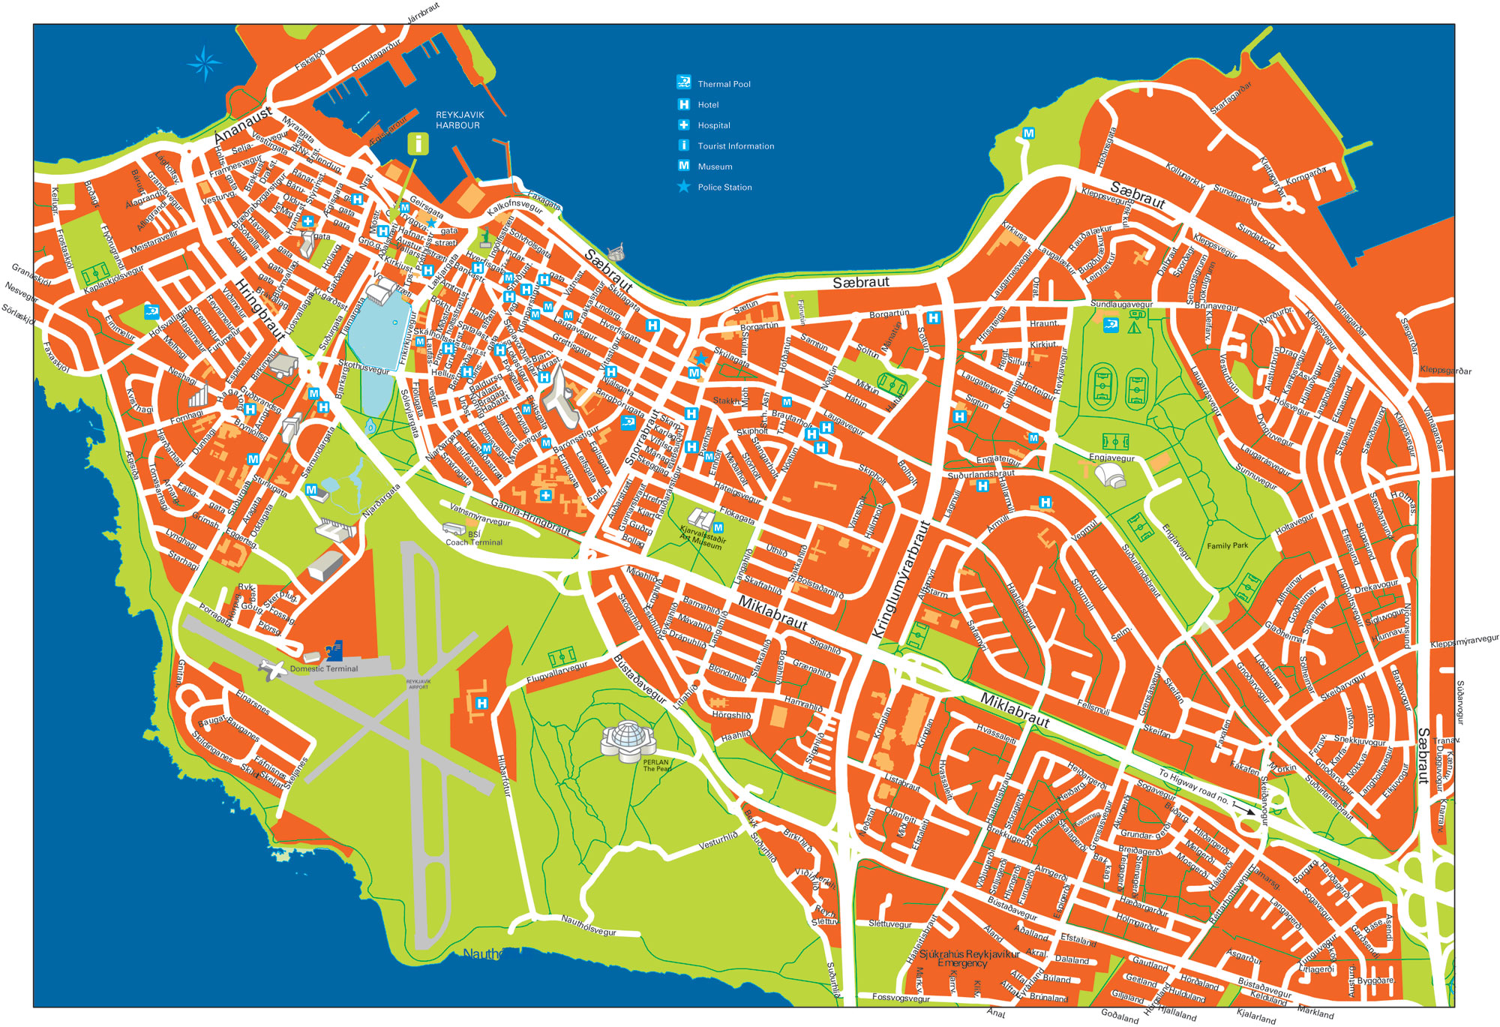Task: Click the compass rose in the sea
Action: (204, 64)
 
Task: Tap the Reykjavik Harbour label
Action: (460, 120)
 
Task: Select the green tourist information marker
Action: (418, 143)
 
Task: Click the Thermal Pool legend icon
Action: (683, 82)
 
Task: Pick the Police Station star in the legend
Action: (683, 187)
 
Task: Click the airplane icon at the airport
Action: (273, 668)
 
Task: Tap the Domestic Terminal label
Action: (324, 668)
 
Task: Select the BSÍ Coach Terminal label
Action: (474, 539)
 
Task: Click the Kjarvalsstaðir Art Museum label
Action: (702, 538)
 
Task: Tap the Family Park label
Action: (1228, 545)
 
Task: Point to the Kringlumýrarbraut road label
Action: (901, 580)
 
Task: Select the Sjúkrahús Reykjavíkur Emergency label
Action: (968, 959)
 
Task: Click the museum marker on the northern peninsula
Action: (1028, 134)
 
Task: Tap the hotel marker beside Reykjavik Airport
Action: (481, 704)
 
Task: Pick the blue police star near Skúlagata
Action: (701, 359)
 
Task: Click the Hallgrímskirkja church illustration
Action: (557, 393)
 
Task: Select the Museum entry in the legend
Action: (714, 167)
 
